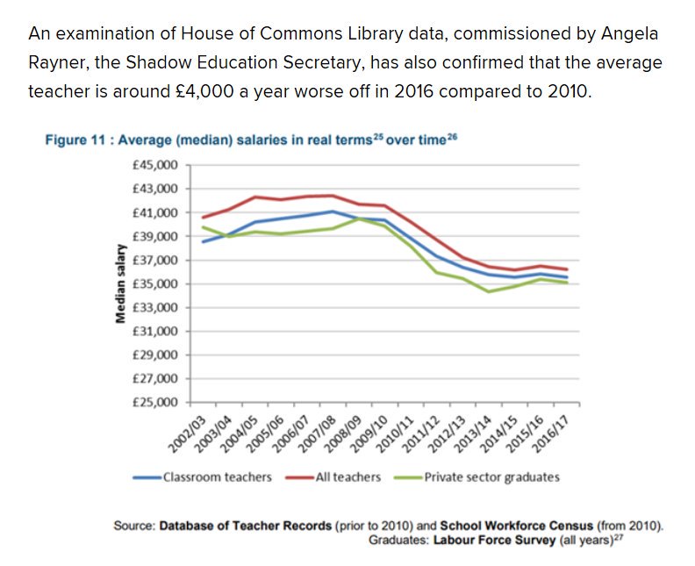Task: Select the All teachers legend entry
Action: tap(348, 477)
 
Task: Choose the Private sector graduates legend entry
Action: tap(491, 477)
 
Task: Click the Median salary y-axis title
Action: tap(120, 284)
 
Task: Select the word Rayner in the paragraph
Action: tap(54, 63)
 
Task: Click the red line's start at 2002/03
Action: tap(204, 217)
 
